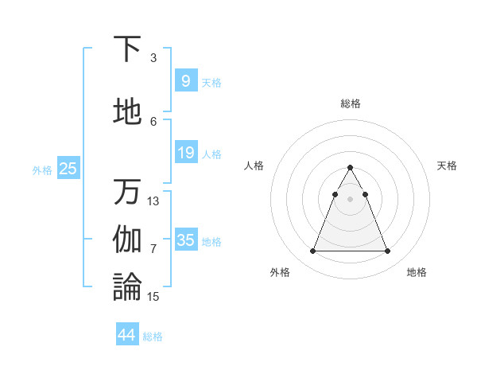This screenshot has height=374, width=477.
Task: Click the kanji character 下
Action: click(x=128, y=49)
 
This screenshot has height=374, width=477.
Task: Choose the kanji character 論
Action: click(x=128, y=287)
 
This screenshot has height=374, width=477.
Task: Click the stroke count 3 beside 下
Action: click(x=153, y=58)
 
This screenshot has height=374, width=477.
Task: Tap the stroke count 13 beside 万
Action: click(x=153, y=201)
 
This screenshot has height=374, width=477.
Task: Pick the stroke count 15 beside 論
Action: click(x=153, y=297)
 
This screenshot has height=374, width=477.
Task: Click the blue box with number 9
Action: click(x=185, y=80)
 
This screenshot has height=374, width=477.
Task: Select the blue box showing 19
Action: click(x=185, y=153)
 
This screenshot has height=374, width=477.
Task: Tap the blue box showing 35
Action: click(x=185, y=240)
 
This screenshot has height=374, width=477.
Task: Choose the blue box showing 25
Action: click(x=68, y=168)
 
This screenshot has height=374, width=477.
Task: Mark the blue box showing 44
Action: click(x=126, y=335)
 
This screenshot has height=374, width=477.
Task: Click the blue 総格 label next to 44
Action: click(x=153, y=337)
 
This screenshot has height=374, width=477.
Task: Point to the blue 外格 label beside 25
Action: click(x=42, y=169)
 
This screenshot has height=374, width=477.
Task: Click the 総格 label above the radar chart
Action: click(x=350, y=103)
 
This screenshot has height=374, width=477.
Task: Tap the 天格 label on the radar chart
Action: click(x=447, y=166)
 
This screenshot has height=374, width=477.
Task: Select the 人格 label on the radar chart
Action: click(x=254, y=166)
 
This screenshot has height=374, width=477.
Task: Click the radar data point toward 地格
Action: click(x=387, y=251)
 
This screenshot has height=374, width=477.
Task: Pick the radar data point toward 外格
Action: click(x=312, y=251)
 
